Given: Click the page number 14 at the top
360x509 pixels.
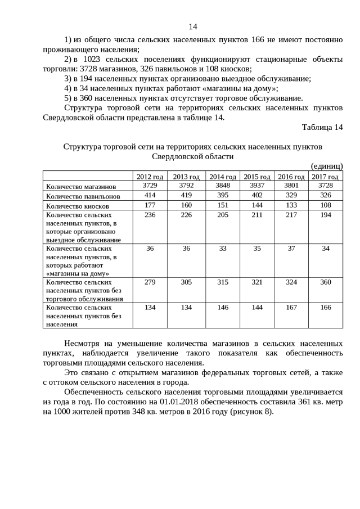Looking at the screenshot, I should coord(193,26).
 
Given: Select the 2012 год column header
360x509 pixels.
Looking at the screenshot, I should coord(150,177).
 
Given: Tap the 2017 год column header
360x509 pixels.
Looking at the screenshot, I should coord(325,177).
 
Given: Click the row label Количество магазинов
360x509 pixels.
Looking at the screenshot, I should coord(81,186).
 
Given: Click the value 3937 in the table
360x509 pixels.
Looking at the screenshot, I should coord(256,185).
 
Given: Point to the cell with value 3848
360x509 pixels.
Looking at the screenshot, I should coord(222,185).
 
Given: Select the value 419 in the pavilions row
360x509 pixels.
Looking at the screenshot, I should coord(186,195).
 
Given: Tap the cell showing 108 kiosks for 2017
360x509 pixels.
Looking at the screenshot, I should coord(326,205).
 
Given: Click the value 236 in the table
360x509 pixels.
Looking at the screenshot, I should coord(150,215).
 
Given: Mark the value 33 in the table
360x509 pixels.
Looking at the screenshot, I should coord(222,248).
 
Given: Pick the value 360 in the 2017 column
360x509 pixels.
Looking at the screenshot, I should coord(326,282).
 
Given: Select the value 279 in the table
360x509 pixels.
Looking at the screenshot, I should coord(150,282).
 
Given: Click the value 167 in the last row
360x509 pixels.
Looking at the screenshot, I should coord(291,308).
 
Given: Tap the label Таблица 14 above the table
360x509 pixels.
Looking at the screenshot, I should coord(322,128).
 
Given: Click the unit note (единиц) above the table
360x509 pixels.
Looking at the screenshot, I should coord(327,166).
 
